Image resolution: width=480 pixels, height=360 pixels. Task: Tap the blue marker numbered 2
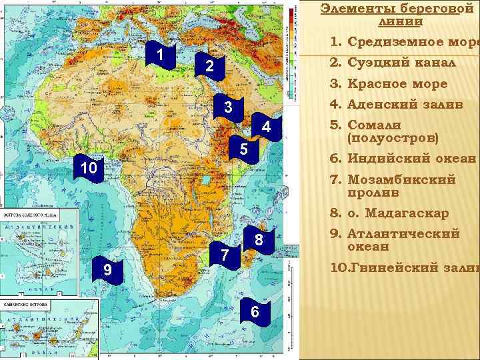209,67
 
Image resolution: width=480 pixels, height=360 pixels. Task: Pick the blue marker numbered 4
265,127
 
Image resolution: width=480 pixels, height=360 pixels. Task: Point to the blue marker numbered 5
243,149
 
